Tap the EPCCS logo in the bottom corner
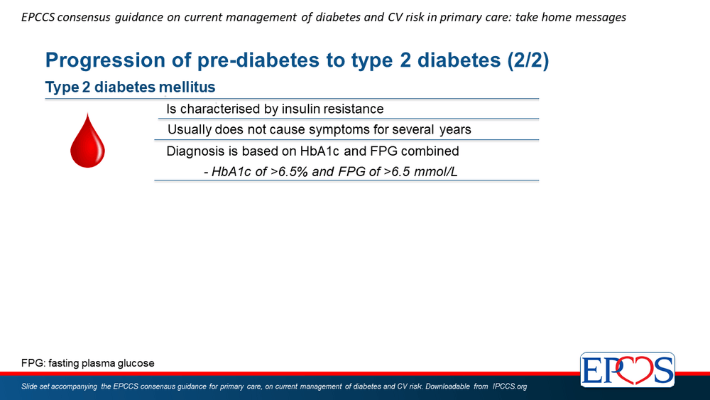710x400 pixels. click(x=627, y=370)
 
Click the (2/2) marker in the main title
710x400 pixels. click(x=528, y=60)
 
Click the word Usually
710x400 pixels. click(x=190, y=130)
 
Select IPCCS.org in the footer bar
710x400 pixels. click(x=510, y=387)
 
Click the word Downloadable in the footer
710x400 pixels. click(x=447, y=387)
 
